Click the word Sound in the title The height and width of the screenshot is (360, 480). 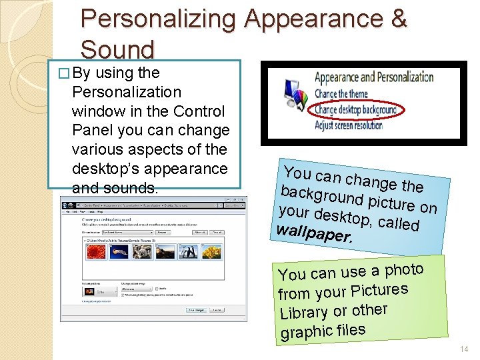pyautogui.click(x=117, y=49)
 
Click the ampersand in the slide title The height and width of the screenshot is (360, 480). pyautogui.click(x=399, y=18)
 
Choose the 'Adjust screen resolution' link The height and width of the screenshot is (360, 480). pyautogui.click(x=348, y=125)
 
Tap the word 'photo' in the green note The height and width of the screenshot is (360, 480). pyautogui.click(x=404, y=270)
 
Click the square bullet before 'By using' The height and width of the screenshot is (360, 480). pyautogui.click(x=63, y=73)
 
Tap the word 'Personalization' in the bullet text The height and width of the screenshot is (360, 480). pyautogui.click(x=126, y=92)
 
